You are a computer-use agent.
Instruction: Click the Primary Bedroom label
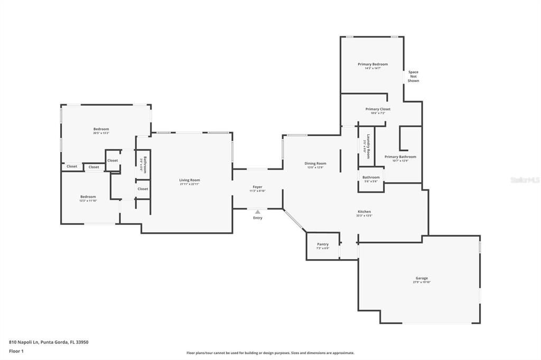(x=372, y=64)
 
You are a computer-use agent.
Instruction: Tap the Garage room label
(x=422, y=278)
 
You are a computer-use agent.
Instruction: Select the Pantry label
(x=323, y=244)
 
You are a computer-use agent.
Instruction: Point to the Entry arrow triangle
(x=257, y=212)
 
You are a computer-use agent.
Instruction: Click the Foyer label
(x=257, y=187)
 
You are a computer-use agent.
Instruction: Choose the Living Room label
(x=189, y=180)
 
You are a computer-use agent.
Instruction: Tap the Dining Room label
(x=315, y=163)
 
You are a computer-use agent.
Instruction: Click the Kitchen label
(x=364, y=212)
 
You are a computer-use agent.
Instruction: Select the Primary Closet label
(x=378, y=109)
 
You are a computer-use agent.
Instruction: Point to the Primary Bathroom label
(x=400, y=157)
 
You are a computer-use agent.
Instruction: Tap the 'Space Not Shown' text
(x=413, y=77)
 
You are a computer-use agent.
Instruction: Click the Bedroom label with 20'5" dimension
(x=101, y=129)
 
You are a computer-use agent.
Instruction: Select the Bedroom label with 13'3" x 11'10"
(x=88, y=197)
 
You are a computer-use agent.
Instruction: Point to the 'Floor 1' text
(x=16, y=351)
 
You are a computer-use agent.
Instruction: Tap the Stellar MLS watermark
(x=525, y=180)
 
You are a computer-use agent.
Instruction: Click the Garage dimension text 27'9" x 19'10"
(x=422, y=282)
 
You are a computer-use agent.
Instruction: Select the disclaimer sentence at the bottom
(x=270, y=353)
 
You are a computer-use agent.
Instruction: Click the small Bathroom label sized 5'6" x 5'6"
(x=371, y=177)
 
